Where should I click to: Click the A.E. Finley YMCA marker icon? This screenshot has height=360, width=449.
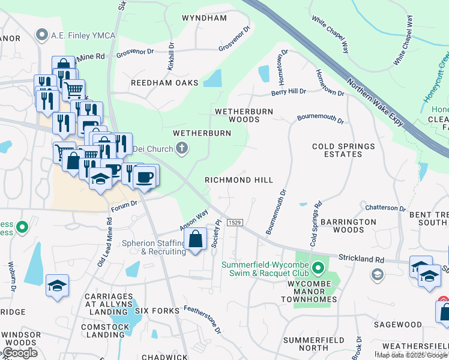tap(42, 35)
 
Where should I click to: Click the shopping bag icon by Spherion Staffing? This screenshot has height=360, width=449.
tap(196, 240)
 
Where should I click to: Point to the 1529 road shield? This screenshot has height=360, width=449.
tap(235, 223)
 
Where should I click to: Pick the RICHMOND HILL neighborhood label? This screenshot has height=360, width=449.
tap(239, 180)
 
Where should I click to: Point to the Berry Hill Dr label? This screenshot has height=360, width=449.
tap(289, 92)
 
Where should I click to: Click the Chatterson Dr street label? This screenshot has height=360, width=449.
tap(386, 208)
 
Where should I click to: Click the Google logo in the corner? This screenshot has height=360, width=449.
tap(19, 353)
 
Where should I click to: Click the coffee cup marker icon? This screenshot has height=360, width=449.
tap(144, 176)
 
